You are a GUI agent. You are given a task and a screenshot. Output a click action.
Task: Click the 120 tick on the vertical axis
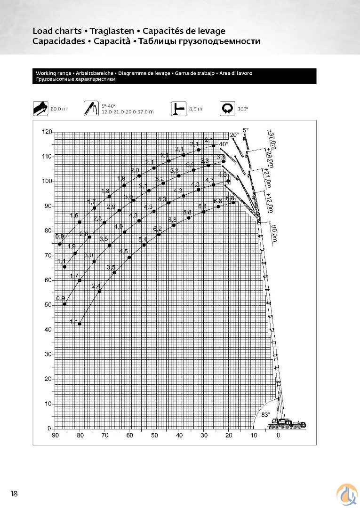pyautogui.click(x=47, y=132)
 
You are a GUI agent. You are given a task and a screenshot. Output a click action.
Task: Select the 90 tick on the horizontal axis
pyautogui.click(x=55, y=435)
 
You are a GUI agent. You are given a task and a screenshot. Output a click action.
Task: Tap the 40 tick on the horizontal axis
pyautogui.click(x=179, y=435)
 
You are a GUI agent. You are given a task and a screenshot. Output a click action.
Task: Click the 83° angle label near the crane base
pyautogui.click(x=266, y=415)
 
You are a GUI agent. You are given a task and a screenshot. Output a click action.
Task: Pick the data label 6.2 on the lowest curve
pyautogui.click(x=158, y=229)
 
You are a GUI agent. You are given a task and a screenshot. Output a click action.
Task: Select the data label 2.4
pyautogui.click(x=96, y=286)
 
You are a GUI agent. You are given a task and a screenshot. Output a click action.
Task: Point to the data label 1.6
pyautogui.click(x=74, y=216)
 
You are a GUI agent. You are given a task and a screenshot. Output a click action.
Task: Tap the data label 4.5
pyautogui.click(x=123, y=252)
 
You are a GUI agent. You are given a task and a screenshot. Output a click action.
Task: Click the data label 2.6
pyautogui.click(x=84, y=234)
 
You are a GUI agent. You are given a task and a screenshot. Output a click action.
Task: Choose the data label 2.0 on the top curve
pyautogui.click(x=135, y=170)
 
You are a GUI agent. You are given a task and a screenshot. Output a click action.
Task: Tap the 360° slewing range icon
pyautogui.click(x=228, y=109)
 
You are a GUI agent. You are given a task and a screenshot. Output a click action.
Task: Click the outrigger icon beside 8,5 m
pyautogui.click(x=178, y=109)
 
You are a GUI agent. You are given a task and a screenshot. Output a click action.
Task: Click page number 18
pyautogui.click(x=14, y=493)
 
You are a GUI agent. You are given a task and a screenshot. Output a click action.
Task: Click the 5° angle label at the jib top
pyautogui.click(x=246, y=129)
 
